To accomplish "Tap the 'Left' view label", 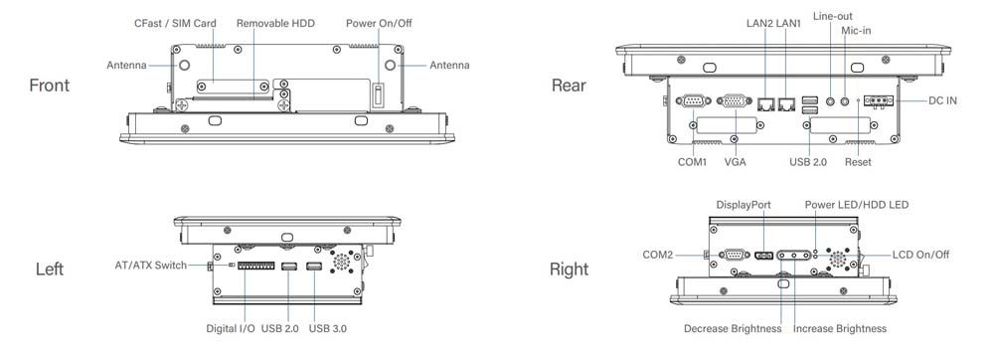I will pyautogui.click(x=50, y=270).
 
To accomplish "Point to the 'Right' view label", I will pyautogui.click(x=569, y=270).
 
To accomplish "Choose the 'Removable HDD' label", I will pyautogui.click(x=275, y=23).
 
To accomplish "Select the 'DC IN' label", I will pyautogui.click(x=942, y=101).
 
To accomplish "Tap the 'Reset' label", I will pyautogui.click(x=858, y=161).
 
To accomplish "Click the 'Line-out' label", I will pyautogui.click(x=832, y=17).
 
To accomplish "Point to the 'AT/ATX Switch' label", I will pyautogui.click(x=150, y=266).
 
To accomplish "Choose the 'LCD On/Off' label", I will pyautogui.click(x=920, y=256).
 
